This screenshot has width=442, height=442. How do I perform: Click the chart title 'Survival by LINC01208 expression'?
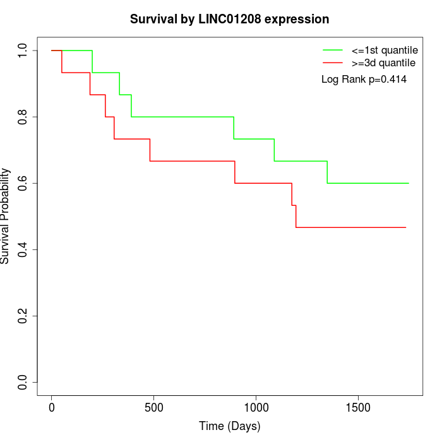coord(229,20)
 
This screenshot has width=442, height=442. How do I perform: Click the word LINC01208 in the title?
coord(230,19)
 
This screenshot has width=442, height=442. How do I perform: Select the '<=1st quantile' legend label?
coord(385,50)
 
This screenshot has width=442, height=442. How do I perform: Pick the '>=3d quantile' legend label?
coord(383,63)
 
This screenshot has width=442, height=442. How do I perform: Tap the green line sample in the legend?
coord(333,50)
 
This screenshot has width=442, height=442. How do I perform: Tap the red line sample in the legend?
coord(333,63)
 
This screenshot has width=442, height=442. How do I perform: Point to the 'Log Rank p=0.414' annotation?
coord(364,80)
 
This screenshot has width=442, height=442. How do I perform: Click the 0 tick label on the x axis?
coord(52,408)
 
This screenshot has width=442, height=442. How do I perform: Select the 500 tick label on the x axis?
coord(154,408)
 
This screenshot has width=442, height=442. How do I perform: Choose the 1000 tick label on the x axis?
coord(256,408)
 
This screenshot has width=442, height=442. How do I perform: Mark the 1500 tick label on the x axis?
coord(358,408)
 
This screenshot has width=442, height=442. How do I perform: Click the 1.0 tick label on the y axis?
coord(22,51)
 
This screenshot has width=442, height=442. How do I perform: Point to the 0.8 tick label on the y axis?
coord(22,117)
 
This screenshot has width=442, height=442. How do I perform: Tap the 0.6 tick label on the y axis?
coord(22,183)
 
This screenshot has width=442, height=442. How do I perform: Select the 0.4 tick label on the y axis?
coord(22,250)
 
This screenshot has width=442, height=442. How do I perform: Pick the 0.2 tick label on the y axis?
coord(22,316)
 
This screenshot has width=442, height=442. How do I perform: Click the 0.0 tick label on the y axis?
coord(22,382)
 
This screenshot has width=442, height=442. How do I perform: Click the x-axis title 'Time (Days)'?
coord(230,426)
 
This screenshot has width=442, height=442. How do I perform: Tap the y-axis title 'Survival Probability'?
coord(5,216)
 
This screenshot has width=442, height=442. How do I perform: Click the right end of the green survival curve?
coord(409,183)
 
